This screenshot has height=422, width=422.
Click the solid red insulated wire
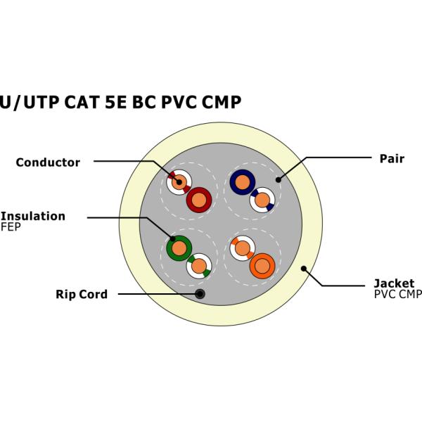coord(198,200)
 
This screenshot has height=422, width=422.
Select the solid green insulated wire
coord(179,248)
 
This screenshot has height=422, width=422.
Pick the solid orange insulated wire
coord(262,266)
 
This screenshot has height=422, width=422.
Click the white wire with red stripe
coord(179,182)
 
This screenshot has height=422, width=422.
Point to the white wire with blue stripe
coord(262,200)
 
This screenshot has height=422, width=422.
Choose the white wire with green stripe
coord(199,265)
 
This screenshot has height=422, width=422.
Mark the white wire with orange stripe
coord(242,248)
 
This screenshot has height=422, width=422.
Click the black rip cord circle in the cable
coord(200,294)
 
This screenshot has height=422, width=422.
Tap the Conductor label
coord(48,162)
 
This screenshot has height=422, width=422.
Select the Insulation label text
coord(33,216)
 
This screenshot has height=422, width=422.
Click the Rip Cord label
coord(82,294)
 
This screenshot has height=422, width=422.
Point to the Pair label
coord(392,158)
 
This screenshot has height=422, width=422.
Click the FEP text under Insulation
coord(11,227)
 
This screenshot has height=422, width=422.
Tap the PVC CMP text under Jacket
coord(397,294)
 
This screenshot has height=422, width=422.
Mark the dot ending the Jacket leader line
coord(304,268)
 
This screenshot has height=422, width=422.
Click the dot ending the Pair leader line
coord(279,179)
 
